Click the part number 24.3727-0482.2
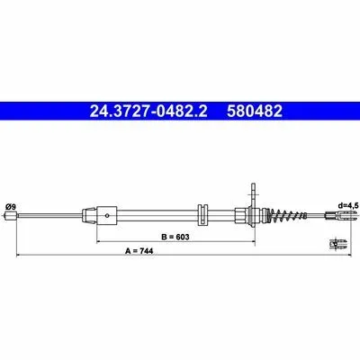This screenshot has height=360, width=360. (x=148, y=111)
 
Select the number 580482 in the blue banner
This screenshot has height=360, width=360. (x=255, y=111)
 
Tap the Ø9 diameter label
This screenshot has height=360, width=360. (x=11, y=207)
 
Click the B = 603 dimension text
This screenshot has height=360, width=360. (x=175, y=237)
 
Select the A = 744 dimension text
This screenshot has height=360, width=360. (x=139, y=251)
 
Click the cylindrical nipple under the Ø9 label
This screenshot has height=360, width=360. (x=11, y=215)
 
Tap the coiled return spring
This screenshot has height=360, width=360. (x=287, y=215)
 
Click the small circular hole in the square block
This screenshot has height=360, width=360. (x=107, y=215)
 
